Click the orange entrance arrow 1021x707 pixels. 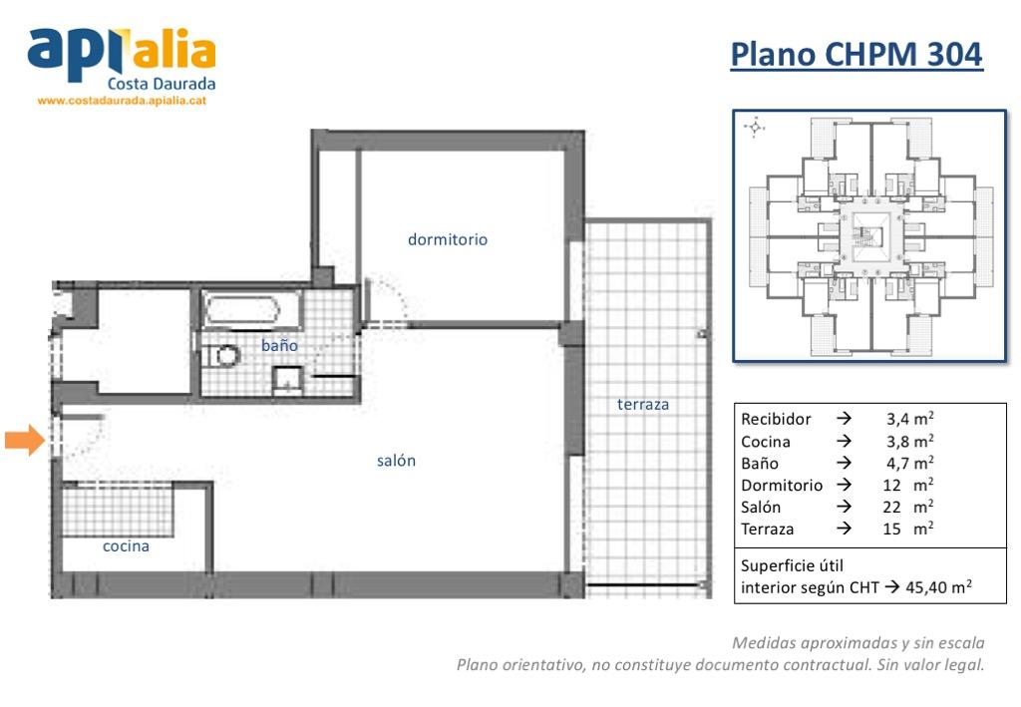pyautogui.click(x=25, y=440)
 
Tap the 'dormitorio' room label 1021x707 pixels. pyautogui.click(x=448, y=239)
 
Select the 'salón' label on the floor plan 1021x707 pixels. pyautogui.click(x=396, y=461)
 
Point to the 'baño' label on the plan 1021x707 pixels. pyautogui.click(x=279, y=345)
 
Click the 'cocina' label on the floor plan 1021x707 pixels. pyautogui.click(x=126, y=546)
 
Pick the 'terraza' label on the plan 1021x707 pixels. pyautogui.click(x=643, y=404)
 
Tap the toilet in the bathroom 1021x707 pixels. pyautogui.click(x=220, y=356)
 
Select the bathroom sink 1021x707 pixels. pyautogui.click(x=287, y=381)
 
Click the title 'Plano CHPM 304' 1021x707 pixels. pyautogui.click(x=856, y=54)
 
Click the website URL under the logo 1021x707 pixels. pyautogui.click(x=122, y=101)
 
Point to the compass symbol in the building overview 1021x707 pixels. pyautogui.click(x=755, y=127)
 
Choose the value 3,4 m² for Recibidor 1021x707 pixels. pyautogui.click(x=909, y=419)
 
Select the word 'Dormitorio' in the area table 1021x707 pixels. pyautogui.click(x=782, y=485)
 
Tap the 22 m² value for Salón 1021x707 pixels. pyautogui.click(x=908, y=507)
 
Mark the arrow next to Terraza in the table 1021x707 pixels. pyautogui.click(x=844, y=528)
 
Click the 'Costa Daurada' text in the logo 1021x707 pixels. pyautogui.click(x=162, y=84)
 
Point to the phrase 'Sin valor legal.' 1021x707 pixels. pyautogui.click(x=930, y=665)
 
